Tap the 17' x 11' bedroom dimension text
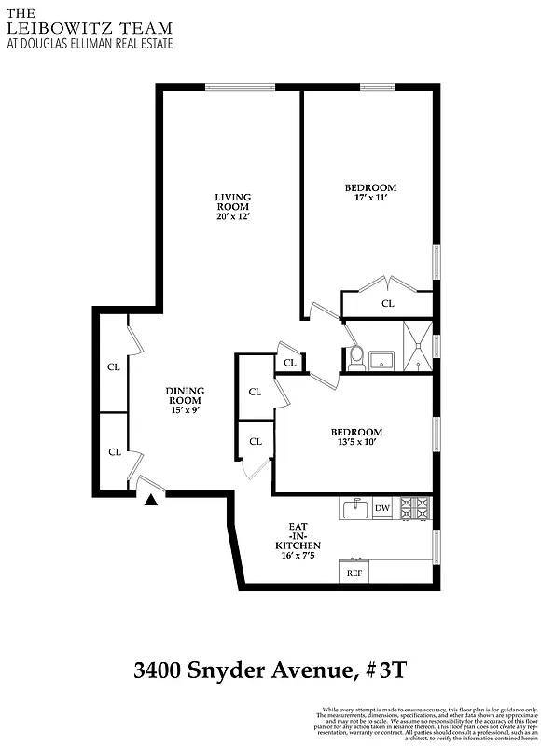[x=370, y=198]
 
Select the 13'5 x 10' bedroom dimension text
[x=356, y=443]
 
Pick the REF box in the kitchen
[x=354, y=573]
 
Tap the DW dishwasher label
[x=382, y=508]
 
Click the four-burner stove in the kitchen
[x=415, y=508]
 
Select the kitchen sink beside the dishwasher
[x=354, y=508]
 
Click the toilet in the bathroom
[x=355, y=358]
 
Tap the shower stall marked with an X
[x=417, y=346]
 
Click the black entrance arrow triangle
[x=151, y=501]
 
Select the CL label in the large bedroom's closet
[x=387, y=304]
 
